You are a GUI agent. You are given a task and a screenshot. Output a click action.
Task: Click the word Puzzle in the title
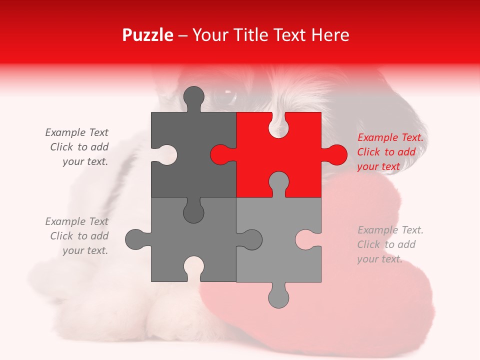tap(148, 35)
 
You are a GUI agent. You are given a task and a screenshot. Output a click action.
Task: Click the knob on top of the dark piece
tap(194, 96)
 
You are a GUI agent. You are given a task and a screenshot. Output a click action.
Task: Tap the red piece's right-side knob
tap(336, 154)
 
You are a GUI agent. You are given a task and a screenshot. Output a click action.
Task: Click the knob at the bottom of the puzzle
tap(278, 297)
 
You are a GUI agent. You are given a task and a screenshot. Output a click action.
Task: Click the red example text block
tap(390, 152)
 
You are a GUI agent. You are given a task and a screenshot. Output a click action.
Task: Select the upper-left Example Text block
tap(77, 147)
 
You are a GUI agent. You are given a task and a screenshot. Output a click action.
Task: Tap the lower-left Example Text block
tap(77, 236)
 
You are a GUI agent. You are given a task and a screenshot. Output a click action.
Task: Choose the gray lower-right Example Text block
tap(390, 244)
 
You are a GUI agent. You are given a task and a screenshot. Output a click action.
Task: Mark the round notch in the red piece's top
tap(278, 125)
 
